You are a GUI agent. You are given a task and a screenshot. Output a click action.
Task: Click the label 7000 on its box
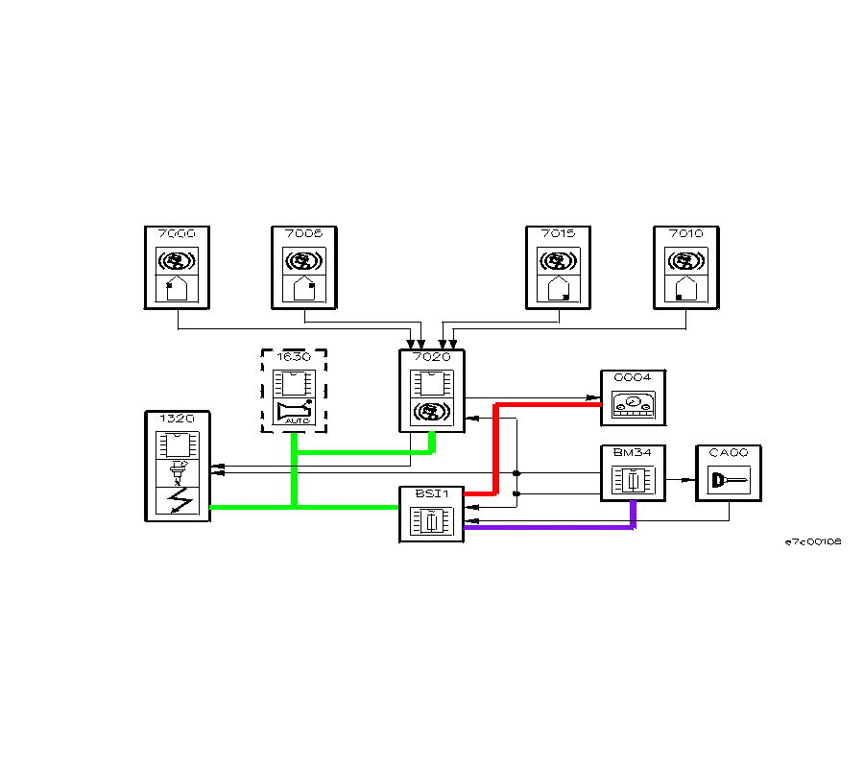(x=177, y=233)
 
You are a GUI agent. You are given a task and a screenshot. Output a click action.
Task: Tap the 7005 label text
(x=303, y=233)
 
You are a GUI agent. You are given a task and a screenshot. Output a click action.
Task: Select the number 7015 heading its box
(x=558, y=233)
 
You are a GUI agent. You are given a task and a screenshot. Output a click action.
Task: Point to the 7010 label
(x=685, y=233)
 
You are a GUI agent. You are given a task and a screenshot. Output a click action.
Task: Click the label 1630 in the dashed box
(x=294, y=356)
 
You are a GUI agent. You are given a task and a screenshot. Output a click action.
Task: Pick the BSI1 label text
(x=431, y=493)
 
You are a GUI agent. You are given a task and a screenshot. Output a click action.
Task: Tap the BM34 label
(x=633, y=452)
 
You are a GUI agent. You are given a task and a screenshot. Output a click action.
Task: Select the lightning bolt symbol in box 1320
(x=179, y=500)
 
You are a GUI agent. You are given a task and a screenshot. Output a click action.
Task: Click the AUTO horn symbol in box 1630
(x=294, y=413)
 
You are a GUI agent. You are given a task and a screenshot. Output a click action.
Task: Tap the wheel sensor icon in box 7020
(x=431, y=413)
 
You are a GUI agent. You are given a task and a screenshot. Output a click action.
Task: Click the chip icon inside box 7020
(x=431, y=383)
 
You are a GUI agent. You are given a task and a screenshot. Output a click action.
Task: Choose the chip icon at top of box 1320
(x=179, y=445)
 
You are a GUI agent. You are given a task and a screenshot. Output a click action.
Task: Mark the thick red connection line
(x=494, y=451)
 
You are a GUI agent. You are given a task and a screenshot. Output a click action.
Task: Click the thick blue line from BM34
(x=547, y=527)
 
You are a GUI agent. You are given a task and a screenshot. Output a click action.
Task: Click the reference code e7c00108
(x=813, y=541)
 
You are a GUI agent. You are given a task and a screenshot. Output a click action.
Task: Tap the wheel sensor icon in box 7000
(x=177, y=261)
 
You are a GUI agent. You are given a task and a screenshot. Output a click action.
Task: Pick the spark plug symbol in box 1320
(x=179, y=472)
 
